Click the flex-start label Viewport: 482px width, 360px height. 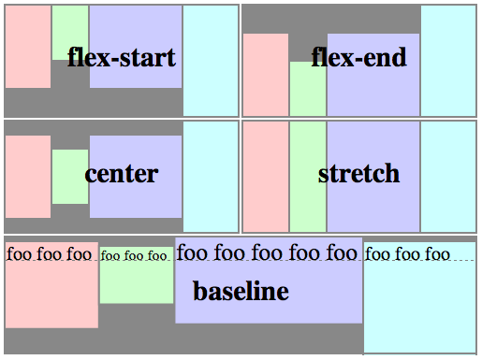tap(121, 58)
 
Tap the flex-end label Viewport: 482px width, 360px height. tap(359, 58)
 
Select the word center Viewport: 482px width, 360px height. tap(121, 173)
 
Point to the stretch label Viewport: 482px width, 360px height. tap(358, 173)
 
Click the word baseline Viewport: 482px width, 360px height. tap(241, 291)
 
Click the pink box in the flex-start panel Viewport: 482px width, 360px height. tap(28, 47)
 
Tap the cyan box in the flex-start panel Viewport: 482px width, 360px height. tap(211, 61)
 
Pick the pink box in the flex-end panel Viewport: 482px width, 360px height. tap(266, 75)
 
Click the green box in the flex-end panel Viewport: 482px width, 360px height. tap(308, 94)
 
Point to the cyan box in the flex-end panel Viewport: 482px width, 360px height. tap(448, 61)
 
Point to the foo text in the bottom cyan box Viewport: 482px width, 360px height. tap(408, 254)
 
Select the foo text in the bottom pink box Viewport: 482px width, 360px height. tap(50, 253)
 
